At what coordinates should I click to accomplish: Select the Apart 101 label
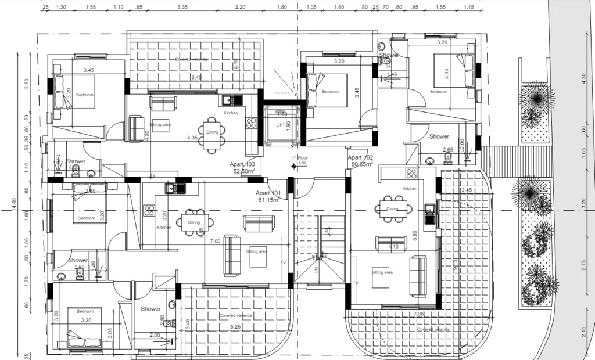pos(268,193)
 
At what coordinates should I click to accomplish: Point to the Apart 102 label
pos(360,157)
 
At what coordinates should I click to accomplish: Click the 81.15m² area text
pos(268,200)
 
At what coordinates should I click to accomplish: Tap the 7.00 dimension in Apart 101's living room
pos(215,241)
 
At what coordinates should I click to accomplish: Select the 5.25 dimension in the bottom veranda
pos(236,327)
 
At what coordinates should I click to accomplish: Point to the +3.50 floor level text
pos(300,163)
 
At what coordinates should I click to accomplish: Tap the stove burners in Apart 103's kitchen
pos(252,123)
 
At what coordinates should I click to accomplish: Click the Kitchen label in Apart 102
pos(410,189)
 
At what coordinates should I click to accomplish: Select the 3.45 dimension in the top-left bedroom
pos(88,70)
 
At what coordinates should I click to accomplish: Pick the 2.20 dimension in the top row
pos(241,7)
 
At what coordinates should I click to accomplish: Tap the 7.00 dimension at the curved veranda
pos(418,314)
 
